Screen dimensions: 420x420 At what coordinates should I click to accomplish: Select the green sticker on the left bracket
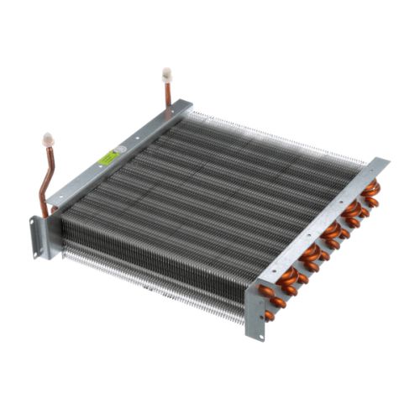[108, 157]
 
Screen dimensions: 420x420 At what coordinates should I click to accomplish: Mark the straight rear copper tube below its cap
[167, 92]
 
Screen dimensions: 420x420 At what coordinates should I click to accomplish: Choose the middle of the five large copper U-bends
[331, 229]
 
